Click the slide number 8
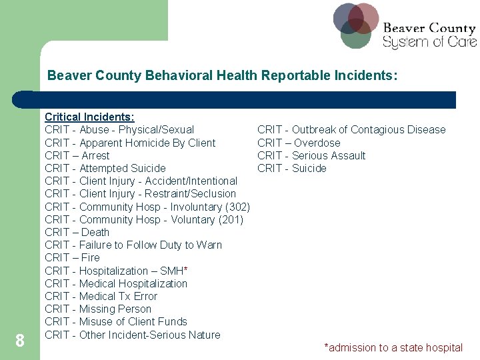pyautogui.click(x=20, y=341)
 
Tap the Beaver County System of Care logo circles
pyautogui.click(x=356, y=25)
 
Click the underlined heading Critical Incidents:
pyautogui.click(x=89, y=117)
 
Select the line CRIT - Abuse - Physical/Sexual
pyautogui.click(x=119, y=130)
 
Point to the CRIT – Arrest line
pyautogui.click(x=77, y=155)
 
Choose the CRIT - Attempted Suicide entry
pyautogui.click(x=105, y=168)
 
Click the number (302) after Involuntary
pyautogui.click(x=238, y=207)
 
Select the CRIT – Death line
pyautogui.click(x=77, y=232)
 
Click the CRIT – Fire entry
pyautogui.click(x=72, y=257)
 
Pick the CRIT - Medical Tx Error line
pyautogui.click(x=101, y=296)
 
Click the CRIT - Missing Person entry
pyautogui.click(x=98, y=309)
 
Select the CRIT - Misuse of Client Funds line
pyautogui.click(x=116, y=321)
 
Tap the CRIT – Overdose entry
pyautogui.click(x=299, y=143)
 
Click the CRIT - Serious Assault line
pyautogui.click(x=311, y=155)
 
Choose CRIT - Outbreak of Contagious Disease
pyautogui.click(x=351, y=130)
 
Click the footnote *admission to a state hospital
pyautogui.click(x=393, y=347)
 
